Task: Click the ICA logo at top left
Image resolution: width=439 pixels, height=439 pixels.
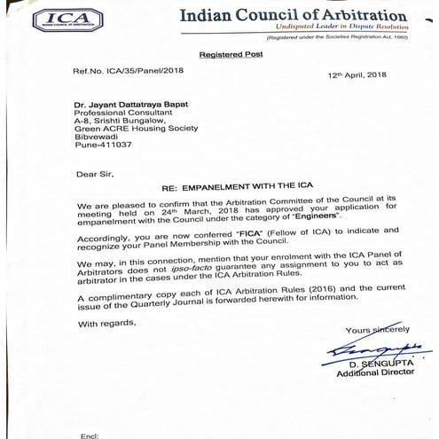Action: [67, 20]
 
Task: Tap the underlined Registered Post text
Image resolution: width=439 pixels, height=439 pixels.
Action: [231, 55]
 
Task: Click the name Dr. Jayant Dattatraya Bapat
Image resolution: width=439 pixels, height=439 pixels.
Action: [143, 105]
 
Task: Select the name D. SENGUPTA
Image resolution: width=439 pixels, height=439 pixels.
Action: [376, 365]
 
